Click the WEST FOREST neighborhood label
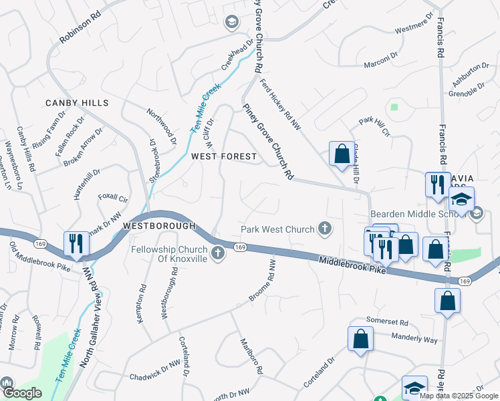click(223, 156)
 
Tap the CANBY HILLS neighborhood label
click(77, 103)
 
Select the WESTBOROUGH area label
click(159, 226)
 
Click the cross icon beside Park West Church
click(325, 229)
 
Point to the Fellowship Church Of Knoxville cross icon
click(217, 253)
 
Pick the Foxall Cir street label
click(113, 198)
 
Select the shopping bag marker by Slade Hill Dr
click(342, 154)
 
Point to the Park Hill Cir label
click(374, 125)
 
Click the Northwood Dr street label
click(162, 128)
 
